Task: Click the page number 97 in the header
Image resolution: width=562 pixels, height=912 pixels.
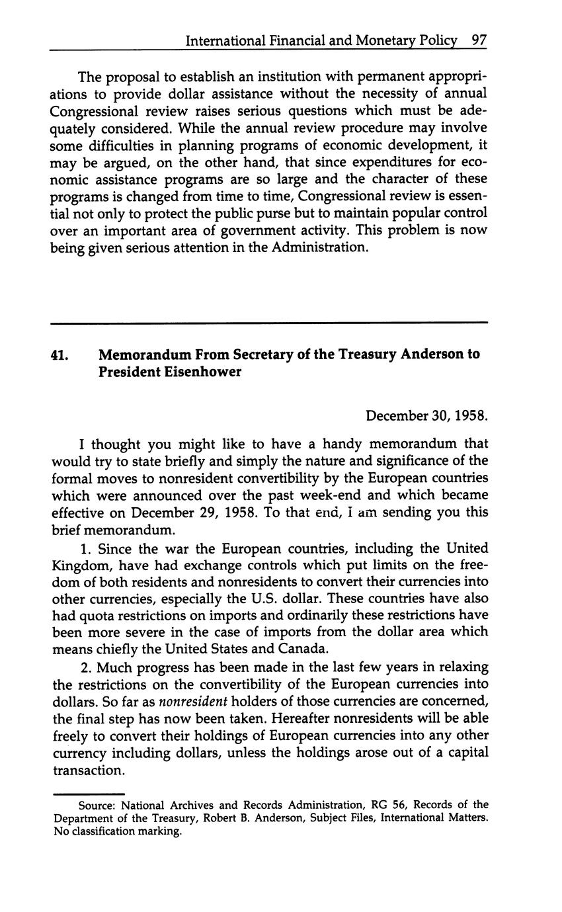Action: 479,41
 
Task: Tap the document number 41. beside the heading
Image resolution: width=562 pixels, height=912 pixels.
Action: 59,354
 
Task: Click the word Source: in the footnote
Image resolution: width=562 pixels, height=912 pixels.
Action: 98,806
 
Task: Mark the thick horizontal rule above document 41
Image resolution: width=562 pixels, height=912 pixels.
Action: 268,323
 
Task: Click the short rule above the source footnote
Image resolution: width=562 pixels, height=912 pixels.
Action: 89,794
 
